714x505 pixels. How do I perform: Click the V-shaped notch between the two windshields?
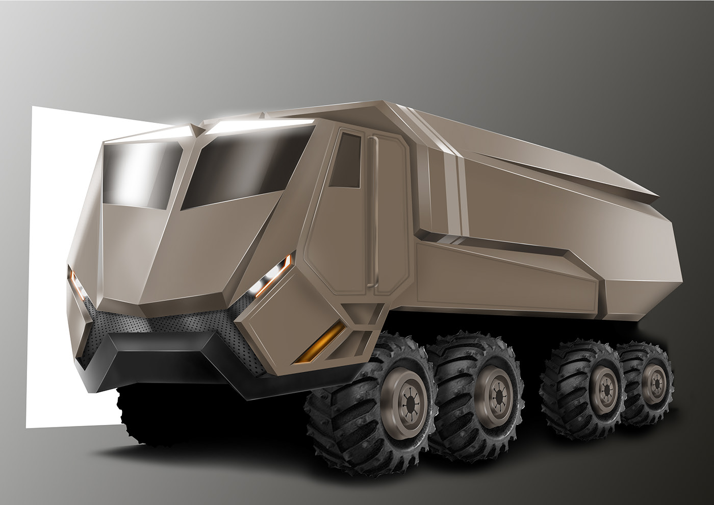193,131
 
